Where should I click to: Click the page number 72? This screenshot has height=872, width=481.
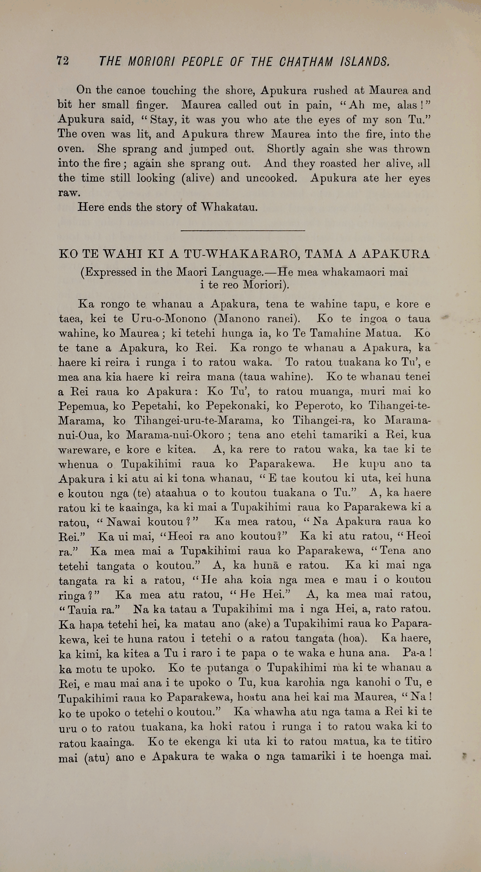click(x=63, y=61)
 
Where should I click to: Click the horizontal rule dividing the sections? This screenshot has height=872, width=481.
click(x=243, y=230)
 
